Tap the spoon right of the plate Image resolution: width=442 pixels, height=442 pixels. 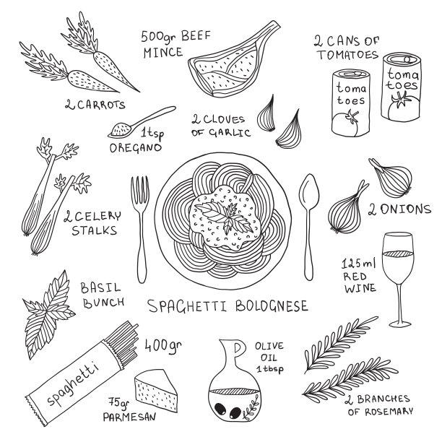(309, 225)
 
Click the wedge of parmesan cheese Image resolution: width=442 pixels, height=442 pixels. (156, 391)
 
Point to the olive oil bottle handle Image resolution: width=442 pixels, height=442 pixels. (238, 349)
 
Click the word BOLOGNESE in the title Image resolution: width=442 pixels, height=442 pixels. (272, 305)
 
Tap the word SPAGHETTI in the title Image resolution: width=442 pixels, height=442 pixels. (188, 306)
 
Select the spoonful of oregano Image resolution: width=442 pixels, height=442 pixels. (142, 122)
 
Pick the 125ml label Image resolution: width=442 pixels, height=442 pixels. (358, 264)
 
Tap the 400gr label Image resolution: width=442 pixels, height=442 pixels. (163, 345)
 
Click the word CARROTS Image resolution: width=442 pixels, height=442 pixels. (101, 105)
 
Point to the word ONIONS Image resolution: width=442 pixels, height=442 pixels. (406, 209)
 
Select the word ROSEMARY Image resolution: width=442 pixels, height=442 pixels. (389, 411)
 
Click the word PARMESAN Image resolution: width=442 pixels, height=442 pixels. (129, 417)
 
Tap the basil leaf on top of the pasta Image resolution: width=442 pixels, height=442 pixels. (225, 216)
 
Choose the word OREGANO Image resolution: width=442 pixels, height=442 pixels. (135, 148)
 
